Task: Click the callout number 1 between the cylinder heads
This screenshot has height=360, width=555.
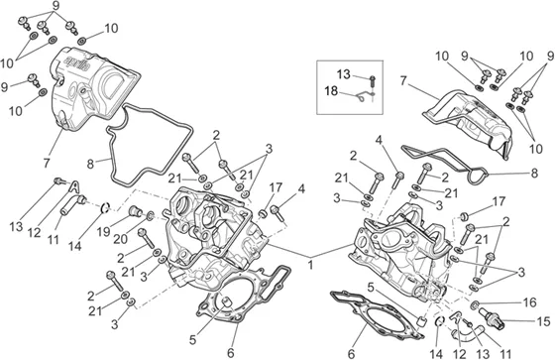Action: pyautogui.click(x=310, y=265)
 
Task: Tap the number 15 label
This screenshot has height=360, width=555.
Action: pyautogui.click(x=543, y=321)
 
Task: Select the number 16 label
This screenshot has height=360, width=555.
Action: pyautogui.click(x=529, y=302)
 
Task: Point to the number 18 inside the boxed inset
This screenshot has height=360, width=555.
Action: pyautogui.click(x=331, y=91)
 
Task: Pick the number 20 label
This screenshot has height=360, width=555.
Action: pyautogui.click(x=120, y=239)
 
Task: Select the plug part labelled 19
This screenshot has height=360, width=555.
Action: pyautogui.click(x=135, y=210)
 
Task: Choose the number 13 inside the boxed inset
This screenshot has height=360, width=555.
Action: pyautogui.click(x=343, y=74)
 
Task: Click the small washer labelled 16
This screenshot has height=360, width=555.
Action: pyautogui.click(x=476, y=304)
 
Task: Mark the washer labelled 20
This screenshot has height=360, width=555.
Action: pyautogui.click(x=150, y=215)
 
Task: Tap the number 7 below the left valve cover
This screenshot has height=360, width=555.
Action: pyautogui.click(x=47, y=163)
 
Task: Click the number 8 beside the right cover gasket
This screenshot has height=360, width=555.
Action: pyautogui.click(x=534, y=174)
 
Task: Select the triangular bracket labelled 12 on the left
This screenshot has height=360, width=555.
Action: pyautogui.click(x=74, y=185)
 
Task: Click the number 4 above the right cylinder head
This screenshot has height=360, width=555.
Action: pyautogui.click(x=379, y=140)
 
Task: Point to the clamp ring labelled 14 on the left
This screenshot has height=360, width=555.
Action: pyautogui.click(x=105, y=207)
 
